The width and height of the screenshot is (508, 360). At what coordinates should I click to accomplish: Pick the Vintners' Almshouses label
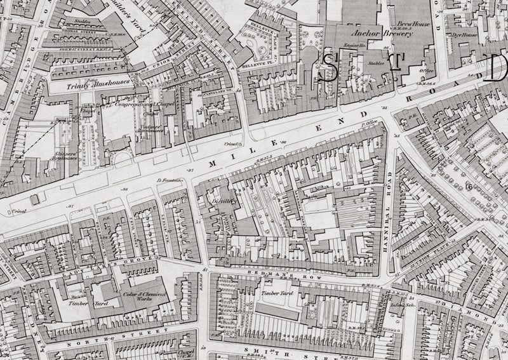click(150, 128)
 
